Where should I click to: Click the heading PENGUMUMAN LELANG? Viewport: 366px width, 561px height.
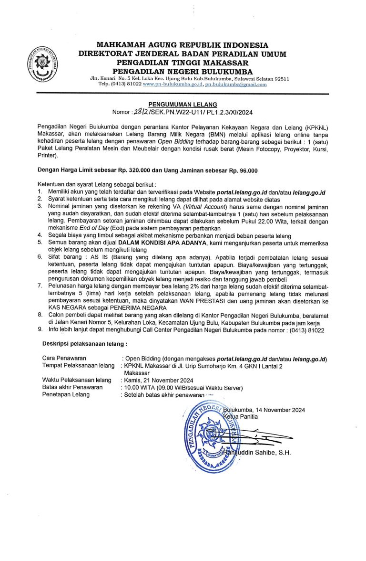pos(183,104)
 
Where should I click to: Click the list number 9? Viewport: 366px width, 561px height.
pos(40,330)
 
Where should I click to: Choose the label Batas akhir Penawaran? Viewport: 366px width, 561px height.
pos(72,387)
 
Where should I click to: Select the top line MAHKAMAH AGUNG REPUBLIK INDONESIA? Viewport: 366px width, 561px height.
pos(183,45)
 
